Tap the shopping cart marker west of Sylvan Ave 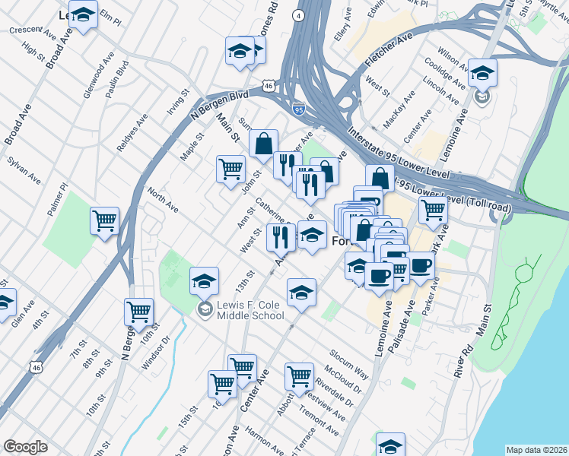click(x=104, y=220)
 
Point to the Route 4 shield click(x=300, y=15)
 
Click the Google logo click(x=25, y=447)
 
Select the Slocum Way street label click(x=349, y=365)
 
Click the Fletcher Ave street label click(x=388, y=46)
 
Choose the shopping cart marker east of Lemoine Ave click(x=433, y=209)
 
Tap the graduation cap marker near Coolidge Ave click(x=482, y=73)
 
